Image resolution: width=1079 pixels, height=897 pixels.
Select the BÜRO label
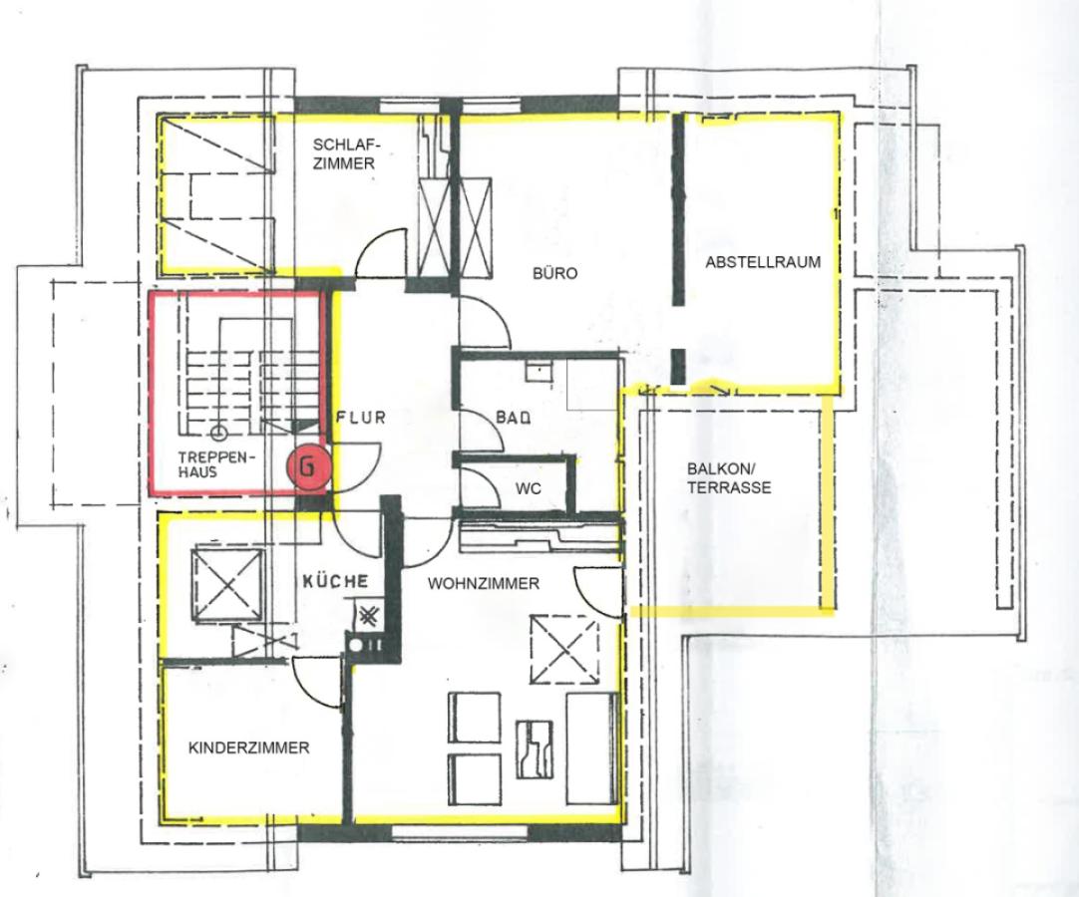(554, 273)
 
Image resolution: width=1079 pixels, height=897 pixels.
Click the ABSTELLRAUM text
(763, 263)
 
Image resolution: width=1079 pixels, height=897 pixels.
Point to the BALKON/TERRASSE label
(729, 479)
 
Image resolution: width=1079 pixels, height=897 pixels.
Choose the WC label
(528, 488)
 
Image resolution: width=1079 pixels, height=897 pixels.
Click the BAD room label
(513, 420)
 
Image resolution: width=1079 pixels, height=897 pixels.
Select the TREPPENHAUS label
(217, 464)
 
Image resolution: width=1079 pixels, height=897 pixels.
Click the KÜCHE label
(336, 581)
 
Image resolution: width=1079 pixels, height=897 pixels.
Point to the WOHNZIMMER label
(484, 584)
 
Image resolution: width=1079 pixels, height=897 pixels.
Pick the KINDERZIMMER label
(249, 747)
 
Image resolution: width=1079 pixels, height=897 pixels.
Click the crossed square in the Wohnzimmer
(563, 653)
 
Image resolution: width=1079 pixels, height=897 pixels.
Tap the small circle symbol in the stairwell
(218, 433)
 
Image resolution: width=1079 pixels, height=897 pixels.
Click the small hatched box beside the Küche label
(369, 617)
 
